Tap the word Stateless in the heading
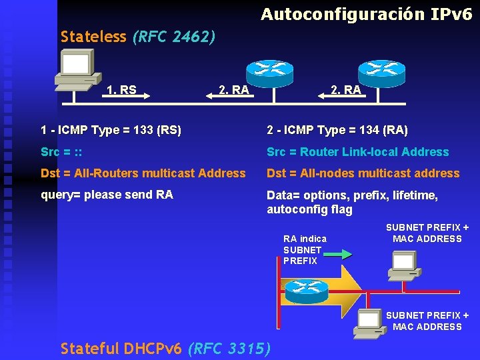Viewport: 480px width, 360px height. [93, 36]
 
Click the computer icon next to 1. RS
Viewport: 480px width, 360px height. [76, 69]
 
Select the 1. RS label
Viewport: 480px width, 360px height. [121, 89]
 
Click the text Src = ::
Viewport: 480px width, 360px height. [61, 152]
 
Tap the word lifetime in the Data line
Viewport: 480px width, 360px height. [413, 195]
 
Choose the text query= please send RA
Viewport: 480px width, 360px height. [107, 195]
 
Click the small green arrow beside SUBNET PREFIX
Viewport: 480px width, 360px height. [340, 254]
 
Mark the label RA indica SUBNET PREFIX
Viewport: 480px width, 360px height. [305, 250]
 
